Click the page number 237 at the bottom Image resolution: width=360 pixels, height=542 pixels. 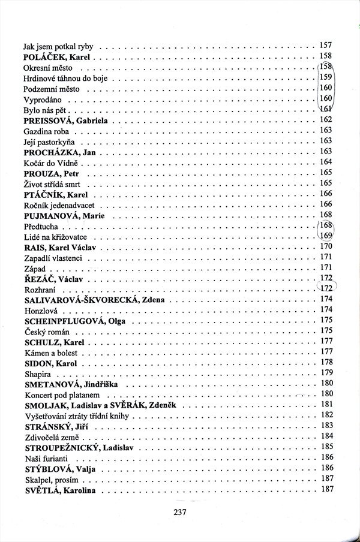(181, 512)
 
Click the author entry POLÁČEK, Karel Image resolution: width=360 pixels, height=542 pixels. (58, 57)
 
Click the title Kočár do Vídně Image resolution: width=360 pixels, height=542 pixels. (49, 162)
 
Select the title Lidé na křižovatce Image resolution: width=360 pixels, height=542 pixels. (56, 236)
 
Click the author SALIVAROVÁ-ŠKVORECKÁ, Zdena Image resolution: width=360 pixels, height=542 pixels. (94, 299)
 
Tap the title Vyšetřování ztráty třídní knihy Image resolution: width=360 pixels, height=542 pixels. (76, 415)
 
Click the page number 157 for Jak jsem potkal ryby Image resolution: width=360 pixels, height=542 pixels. (326, 46)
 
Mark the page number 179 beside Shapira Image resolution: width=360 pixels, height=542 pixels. (326, 373)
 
